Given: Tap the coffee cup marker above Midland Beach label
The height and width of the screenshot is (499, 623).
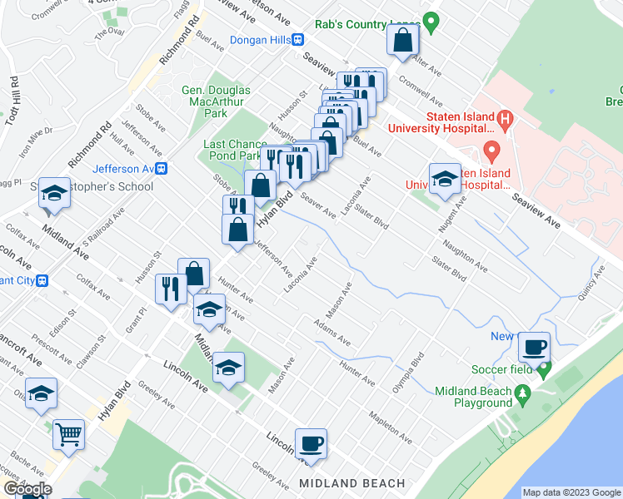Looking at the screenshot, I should click(311, 444).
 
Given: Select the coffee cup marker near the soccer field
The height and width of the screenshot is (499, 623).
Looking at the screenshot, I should click(534, 346).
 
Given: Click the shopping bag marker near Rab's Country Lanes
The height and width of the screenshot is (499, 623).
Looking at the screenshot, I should click(402, 41).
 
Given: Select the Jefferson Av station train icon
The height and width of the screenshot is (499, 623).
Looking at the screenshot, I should click(162, 168).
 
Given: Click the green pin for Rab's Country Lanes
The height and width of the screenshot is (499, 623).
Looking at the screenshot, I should click(431, 22).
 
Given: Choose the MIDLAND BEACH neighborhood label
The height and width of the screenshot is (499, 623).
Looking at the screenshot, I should click(351, 483).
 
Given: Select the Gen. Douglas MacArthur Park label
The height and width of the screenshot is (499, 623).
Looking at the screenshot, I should click(216, 101).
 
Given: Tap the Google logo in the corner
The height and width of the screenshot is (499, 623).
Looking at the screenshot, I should click(27, 489).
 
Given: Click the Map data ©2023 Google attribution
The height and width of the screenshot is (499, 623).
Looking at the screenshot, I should click(571, 492).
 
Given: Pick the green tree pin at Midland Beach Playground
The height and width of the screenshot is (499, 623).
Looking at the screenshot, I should click(523, 392).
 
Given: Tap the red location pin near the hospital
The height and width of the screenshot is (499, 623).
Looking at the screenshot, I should click(491, 152).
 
